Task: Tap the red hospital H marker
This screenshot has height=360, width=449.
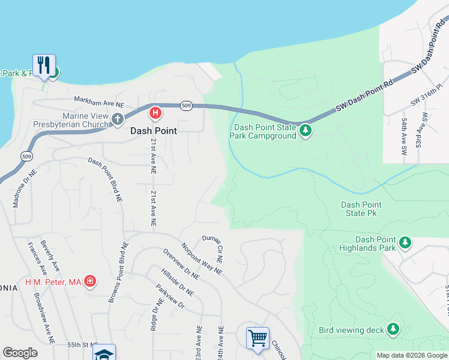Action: tap(155, 112)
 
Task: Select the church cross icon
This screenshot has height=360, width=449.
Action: tap(117, 119)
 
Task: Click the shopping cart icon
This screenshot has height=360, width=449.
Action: tap(258, 337)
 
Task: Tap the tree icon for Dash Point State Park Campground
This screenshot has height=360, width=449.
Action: tap(306, 130)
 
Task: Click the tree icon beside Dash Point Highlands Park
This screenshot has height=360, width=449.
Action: tap(406, 242)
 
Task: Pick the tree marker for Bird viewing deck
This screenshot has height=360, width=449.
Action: tap(393, 329)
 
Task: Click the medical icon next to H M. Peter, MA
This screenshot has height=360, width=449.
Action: tap(90, 281)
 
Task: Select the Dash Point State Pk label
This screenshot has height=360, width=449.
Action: tap(361, 209)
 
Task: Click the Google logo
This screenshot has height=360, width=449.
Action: tap(20, 353)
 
